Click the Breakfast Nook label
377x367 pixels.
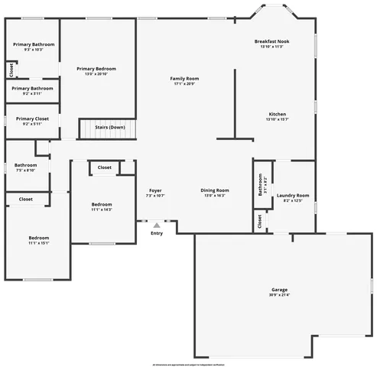pyautogui.click(x=272, y=41)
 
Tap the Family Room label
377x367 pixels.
pyautogui.click(x=184, y=79)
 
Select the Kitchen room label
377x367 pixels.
pyautogui.click(x=276, y=115)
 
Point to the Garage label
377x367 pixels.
pyautogui.click(x=279, y=290)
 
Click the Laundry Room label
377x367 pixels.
pyautogui.click(x=293, y=195)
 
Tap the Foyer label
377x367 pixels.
pyautogui.click(x=155, y=190)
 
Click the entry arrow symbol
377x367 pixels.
pyautogui.click(x=157, y=225)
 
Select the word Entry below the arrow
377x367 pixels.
pyautogui.click(x=157, y=233)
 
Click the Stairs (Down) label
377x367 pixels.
pyautogui.click(x=110, y=127)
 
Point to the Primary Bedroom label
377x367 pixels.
pyautogui.click(x=96, y=69)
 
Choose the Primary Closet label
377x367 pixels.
pyautogui.click(x=32, y=119)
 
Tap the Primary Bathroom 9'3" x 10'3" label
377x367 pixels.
pyautogui.click(x=33, y=44)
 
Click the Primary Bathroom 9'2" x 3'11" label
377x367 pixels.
pyautogui.click(x=32, y=88)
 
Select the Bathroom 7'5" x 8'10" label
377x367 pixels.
pyautogui.click(x=25, y=164)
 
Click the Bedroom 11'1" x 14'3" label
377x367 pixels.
pyautogui.click(x=102, y=204)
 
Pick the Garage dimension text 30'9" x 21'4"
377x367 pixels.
pyautogui.click(x=279, y=294)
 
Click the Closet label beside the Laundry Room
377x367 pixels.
pyautogui.click(x=260, y=222)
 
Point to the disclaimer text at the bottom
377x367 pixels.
pyautogui.click(x=189, y=364)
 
